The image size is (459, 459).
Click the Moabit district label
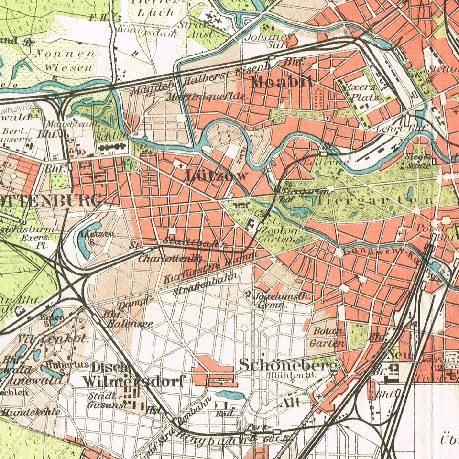coord(283,82)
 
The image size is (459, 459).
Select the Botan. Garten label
coord(328,337)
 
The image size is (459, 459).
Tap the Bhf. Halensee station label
coord(127,319)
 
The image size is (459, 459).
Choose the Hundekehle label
coord(32,411)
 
